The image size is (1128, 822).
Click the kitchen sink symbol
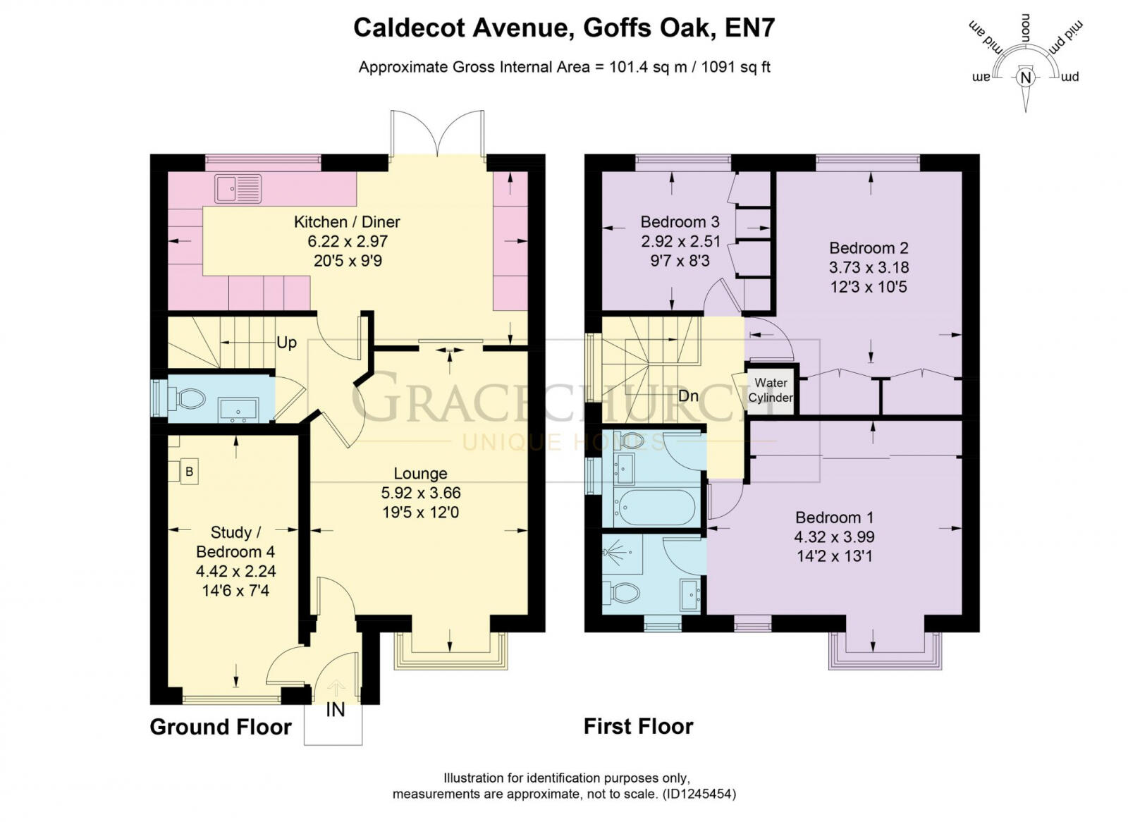[x=238, y=189]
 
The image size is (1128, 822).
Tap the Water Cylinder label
[x=770, y=390]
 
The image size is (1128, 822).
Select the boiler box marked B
[x=188, y=471]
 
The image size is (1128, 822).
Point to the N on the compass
[x=1026, y=78]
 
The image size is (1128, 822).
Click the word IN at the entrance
[x=336, y=710]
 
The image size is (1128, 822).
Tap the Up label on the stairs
[x=286, y=343]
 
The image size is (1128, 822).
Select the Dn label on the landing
[x=688, y=396]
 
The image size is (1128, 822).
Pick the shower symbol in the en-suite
[x=620, y=553]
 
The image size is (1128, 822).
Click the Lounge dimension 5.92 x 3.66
[x=420, y=493]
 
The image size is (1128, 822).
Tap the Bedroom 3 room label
[x=680, y=222]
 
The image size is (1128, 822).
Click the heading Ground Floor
[x=221, y=727]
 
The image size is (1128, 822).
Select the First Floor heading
[x=638, y=726]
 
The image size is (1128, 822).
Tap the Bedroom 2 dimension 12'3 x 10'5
[x=869, y=287]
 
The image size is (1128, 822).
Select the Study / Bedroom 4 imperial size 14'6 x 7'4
[x=235, y=591]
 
